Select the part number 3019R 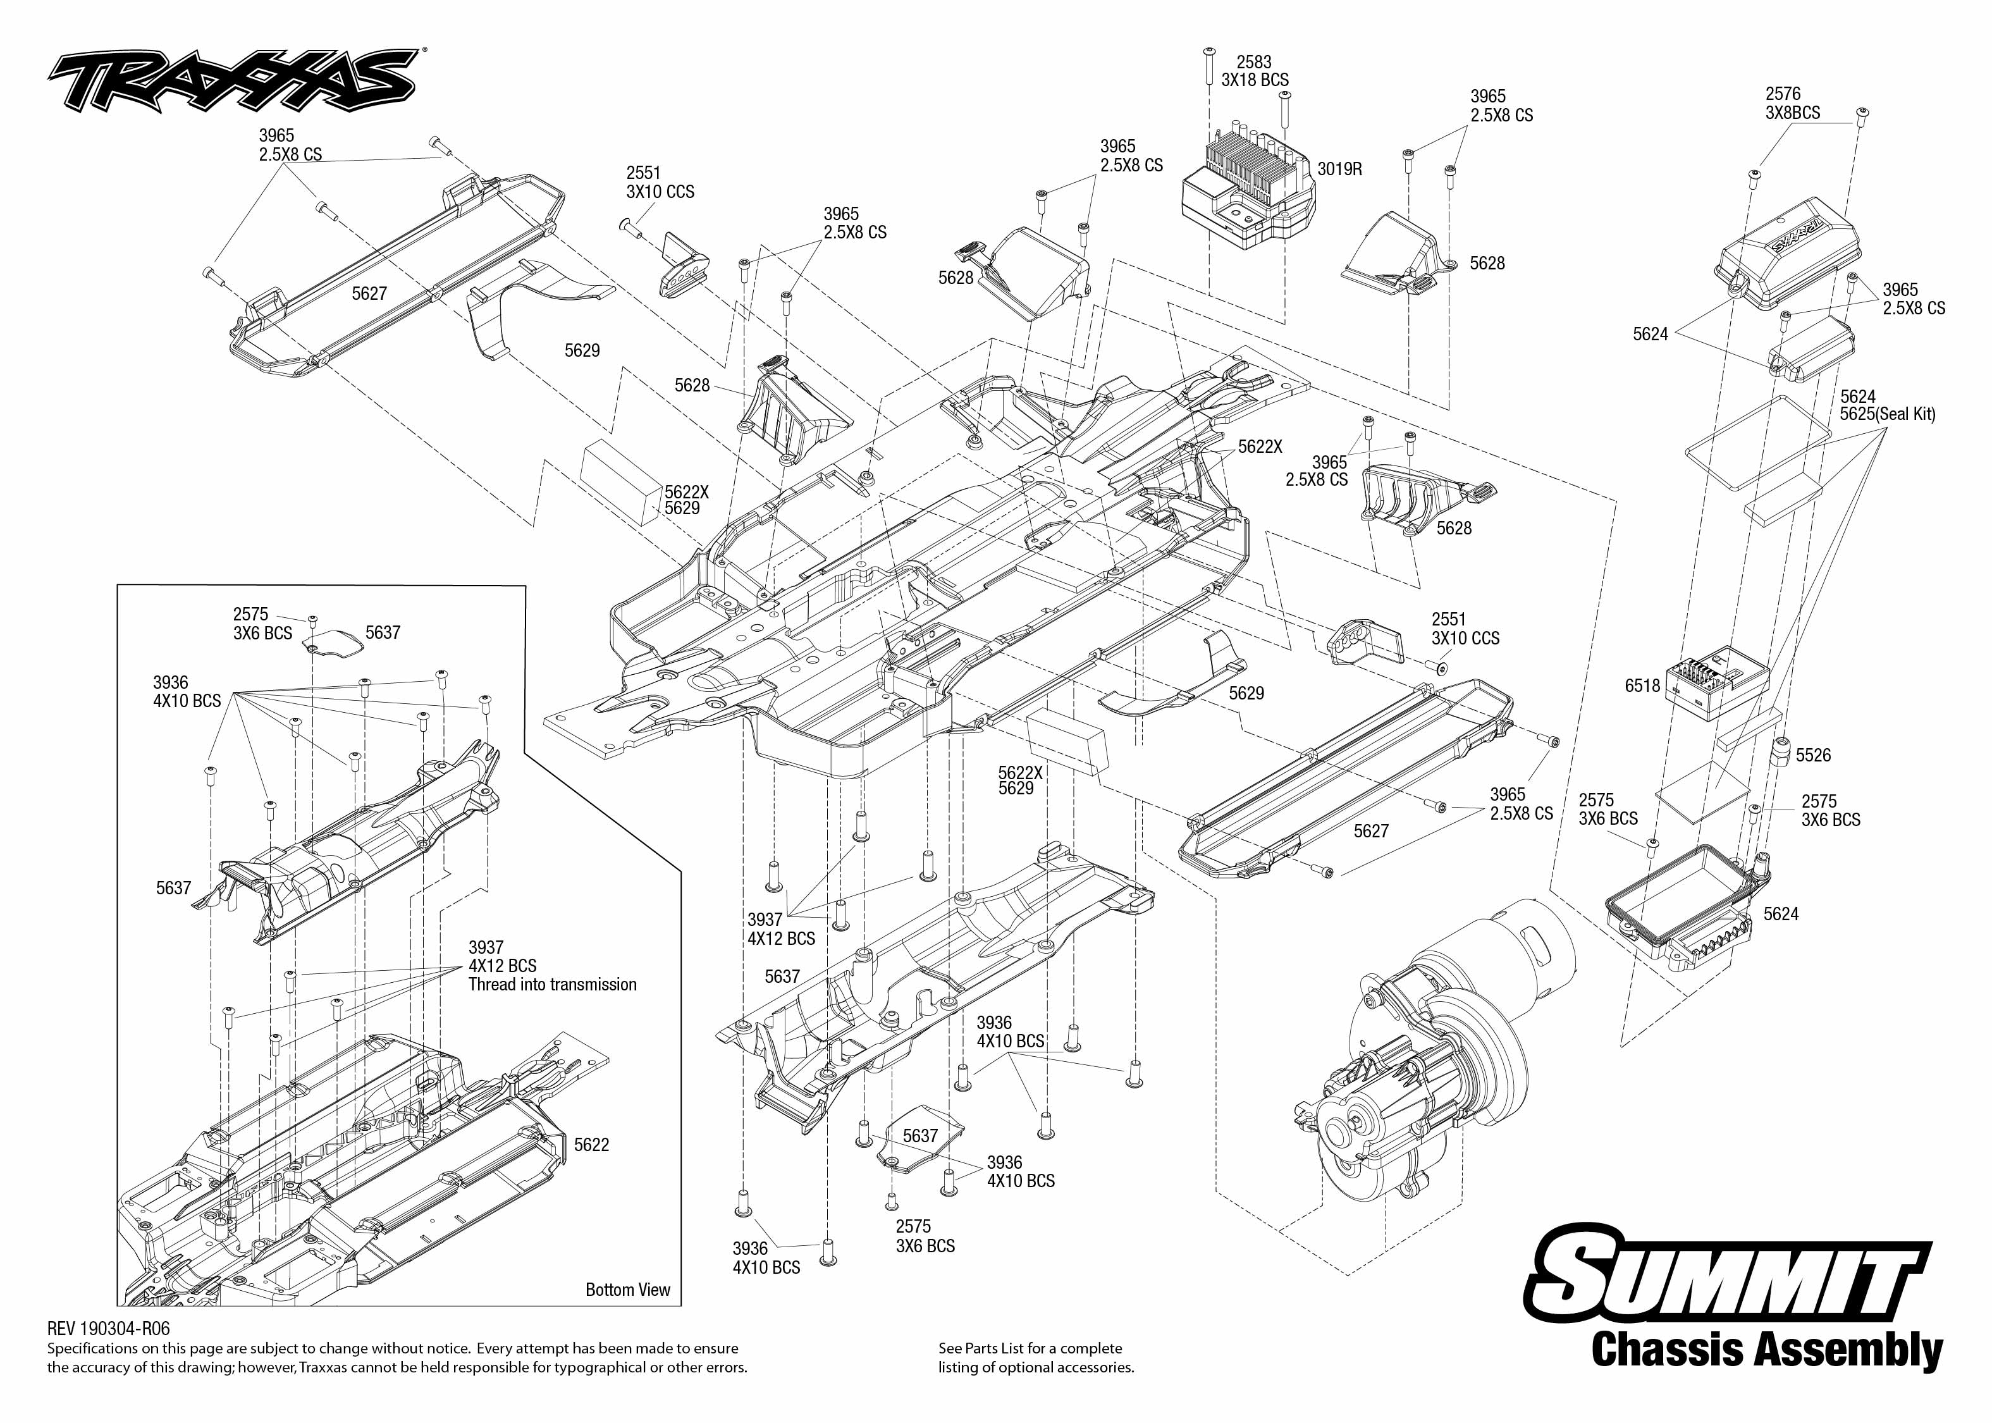click(x=1339, y=169)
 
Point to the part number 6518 click(x=1642, y=686)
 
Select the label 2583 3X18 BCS click(x=1255, y=71)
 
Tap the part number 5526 click(x=1813, y=755)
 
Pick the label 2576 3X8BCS click(x=1792, y=103)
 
